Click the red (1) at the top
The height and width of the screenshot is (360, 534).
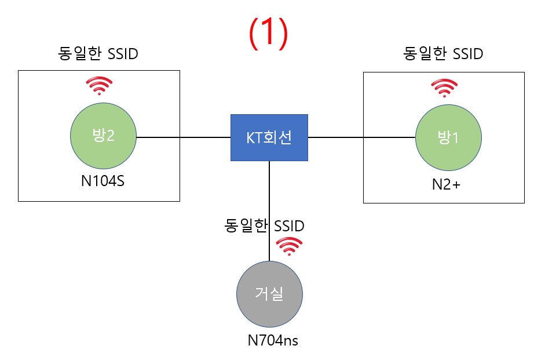tap(269, 34)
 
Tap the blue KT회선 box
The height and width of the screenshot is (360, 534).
tap(269, 137)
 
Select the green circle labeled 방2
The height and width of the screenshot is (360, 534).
tap(103, 136)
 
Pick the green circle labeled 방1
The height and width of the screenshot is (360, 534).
tap(448, 137)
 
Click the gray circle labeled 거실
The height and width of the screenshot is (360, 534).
tap(269, 294)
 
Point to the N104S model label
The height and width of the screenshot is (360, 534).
tap(103, 181)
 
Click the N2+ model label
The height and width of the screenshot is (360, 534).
tap(446, 184)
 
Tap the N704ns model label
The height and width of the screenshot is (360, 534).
tap(273, 340)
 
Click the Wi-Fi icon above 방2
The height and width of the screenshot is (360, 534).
tap(99, 86)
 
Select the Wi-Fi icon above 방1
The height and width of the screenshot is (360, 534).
tap(444, 88)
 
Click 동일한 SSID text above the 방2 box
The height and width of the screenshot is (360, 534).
tap(98, 53)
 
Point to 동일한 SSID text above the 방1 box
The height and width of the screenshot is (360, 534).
tap(443, 53)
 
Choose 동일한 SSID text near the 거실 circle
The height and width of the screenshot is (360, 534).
tap(264, 226)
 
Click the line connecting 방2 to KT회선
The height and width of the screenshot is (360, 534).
tap(184, 137)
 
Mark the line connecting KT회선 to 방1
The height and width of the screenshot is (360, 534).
tap(361, 137)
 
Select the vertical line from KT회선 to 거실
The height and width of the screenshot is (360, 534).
tap(269, 211)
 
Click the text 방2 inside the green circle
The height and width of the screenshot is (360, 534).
tap(103, 135)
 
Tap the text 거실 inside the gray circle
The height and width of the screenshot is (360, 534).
tap(269, 293)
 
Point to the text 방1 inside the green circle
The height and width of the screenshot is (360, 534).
tap(448, 137)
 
